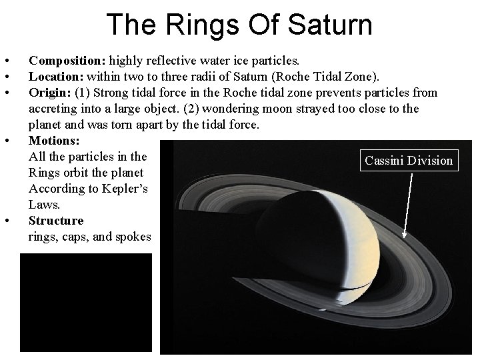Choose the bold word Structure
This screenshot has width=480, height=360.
pos(57,221)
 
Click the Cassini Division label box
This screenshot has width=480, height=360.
pos(409,160)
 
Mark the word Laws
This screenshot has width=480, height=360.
pos(43,205)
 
